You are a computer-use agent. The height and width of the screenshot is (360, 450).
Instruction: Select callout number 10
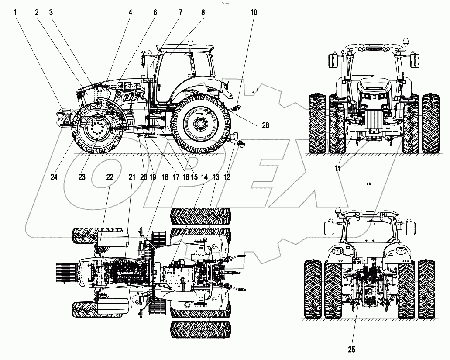click(x=254, y=13)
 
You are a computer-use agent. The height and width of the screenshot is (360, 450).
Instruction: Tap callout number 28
click(x=265, y=125)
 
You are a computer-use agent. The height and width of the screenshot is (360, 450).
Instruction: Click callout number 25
click(x=352, y=349)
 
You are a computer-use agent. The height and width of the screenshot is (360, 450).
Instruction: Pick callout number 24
click(x=54, y=177)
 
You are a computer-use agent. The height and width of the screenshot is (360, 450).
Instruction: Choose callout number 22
click(x=110, y=177)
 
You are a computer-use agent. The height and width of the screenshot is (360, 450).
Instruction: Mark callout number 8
click(x=203, y=13)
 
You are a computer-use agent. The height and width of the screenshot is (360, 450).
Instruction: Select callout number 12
click(x=227, y=177)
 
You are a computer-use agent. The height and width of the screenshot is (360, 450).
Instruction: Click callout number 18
click(x=165, y=177)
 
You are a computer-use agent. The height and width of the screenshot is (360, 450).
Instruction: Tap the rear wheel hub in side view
click(x=200, y=125)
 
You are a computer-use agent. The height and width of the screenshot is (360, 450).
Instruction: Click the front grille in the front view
click(x=372, y=118)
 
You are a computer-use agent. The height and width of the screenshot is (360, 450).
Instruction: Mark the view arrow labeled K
click(x=256, y=91)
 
